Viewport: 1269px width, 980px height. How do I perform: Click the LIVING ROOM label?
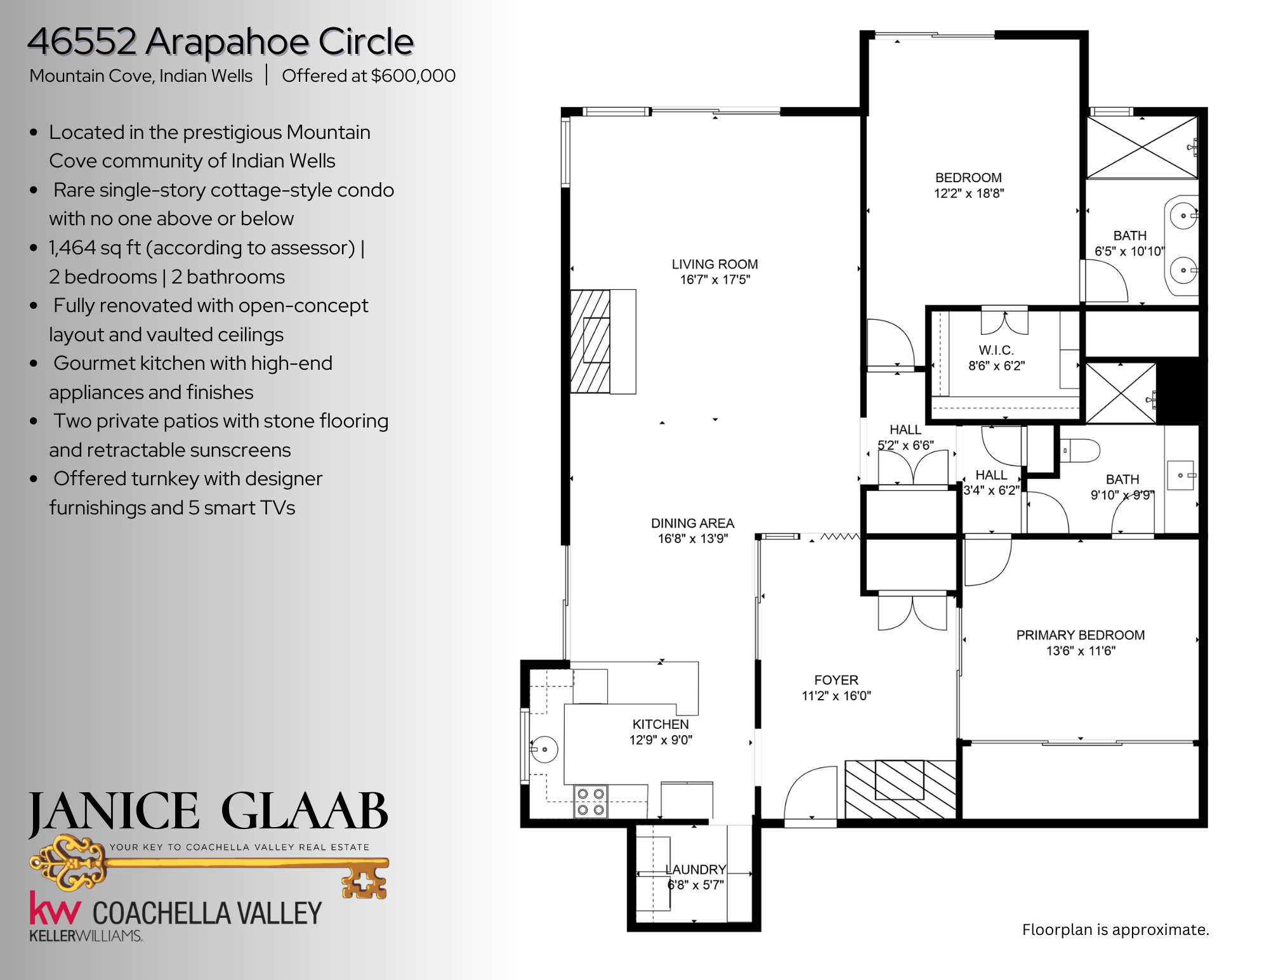pos(715,264)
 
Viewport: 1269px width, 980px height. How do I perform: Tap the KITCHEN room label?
pos(661,724)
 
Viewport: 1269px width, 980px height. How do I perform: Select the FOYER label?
pos(836,680)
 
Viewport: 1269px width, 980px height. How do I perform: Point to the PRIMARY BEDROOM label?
pos(1081,635)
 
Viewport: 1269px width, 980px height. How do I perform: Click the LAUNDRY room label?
pos(695,869)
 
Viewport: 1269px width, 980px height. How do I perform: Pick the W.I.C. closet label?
pos(996,350)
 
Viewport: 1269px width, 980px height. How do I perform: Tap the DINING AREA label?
pos(692,523)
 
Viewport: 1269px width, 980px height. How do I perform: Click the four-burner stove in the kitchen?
pos(591,801)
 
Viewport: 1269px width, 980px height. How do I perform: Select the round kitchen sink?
pos(543,749)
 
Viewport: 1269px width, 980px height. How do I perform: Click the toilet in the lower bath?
pos(1080,451)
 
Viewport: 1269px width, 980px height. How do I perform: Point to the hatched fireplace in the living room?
pos(590,341)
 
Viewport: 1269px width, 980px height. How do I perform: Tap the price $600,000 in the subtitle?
pos(413,76)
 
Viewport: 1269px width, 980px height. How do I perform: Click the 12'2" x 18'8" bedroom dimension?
pos(969,193)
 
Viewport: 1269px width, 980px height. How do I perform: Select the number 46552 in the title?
pos(82,41)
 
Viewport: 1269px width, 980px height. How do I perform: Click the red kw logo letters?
pos(55,908)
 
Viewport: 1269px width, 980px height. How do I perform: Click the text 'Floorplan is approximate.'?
pos(1115,930)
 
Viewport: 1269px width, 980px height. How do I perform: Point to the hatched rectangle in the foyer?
pos(900,790)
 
